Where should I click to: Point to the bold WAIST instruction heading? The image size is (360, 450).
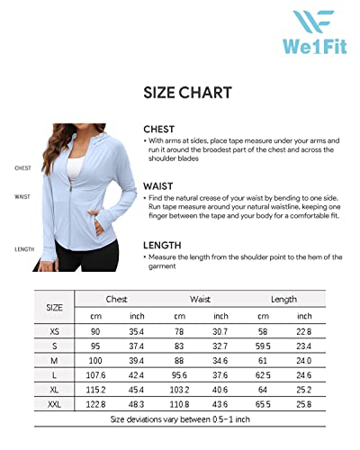pyautogui.click(x=158, y=185)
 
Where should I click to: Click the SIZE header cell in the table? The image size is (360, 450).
pyautogui.click(x=55, y=307)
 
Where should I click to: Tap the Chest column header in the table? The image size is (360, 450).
pyautogui.click(x=116, y=298)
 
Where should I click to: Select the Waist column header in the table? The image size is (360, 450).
pyautogui.click(x=200, y=298)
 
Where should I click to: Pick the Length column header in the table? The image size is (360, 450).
pyautogui.click(x=283, y=298)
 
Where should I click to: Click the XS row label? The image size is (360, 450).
pyautogui.click(x=55, y=333)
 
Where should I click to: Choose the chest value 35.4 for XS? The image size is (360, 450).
pyautogui.click(x=137, y=333)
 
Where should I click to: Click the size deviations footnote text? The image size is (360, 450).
pyautogui.click(x=180, y=419)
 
